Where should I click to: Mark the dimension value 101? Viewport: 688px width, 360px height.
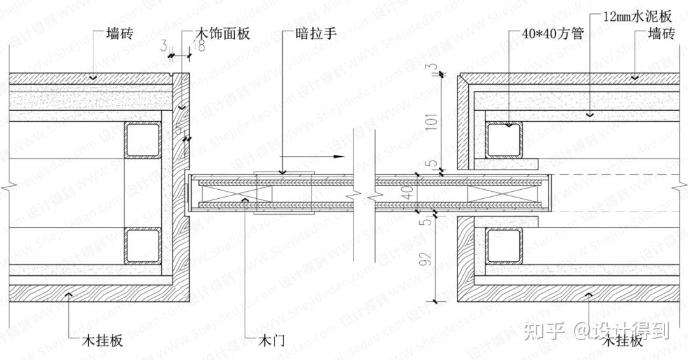pyautogui.click(x=434, y=119)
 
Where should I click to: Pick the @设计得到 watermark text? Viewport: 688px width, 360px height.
pyautogui.click(x=622, y=330)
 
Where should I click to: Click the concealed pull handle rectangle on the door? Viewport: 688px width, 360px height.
pyautogui.click(x=283, y=193)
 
